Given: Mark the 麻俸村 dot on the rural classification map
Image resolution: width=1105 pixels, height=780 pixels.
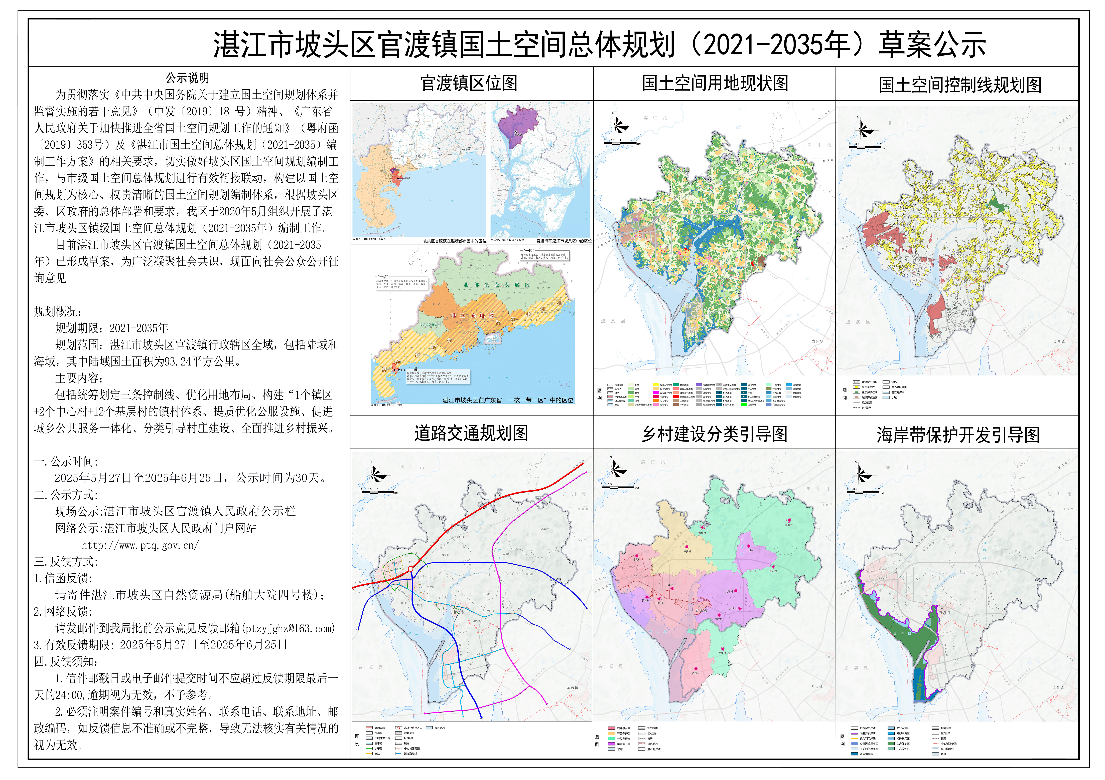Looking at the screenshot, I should pyautogui.click(x=696, y=668).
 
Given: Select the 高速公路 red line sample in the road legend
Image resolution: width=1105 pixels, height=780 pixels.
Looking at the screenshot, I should pyautogui.click(x=369, y=728).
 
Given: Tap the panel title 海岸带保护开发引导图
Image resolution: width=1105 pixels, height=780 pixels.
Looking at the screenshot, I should pyautogui.click(x=958, y=435).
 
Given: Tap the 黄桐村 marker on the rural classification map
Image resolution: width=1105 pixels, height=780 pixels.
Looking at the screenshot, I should pyautogui.click(x=702, y=528).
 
